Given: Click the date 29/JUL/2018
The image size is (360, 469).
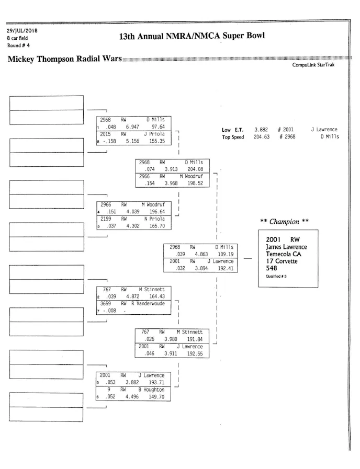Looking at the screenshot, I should pos(18,30).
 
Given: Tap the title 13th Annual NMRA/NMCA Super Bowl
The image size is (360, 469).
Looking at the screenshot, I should pos(192,36).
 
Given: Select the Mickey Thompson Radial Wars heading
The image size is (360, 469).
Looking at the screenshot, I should pos(64,59).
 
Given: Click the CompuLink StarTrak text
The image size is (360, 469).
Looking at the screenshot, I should pos(313,65).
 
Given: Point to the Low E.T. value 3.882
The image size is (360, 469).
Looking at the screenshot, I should pos(261,130).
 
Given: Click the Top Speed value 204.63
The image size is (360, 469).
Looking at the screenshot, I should pos(261,137).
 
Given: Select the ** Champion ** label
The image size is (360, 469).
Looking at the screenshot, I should pos(284,222).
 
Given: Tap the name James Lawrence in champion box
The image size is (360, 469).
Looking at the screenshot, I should pos(286,247).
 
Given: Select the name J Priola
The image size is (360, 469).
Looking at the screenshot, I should pos(154,134).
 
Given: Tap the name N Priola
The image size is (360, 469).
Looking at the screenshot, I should pos(154,219).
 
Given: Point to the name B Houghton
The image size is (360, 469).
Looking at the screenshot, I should pos(151,390).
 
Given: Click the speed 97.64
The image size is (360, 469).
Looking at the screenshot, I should pos(158,127).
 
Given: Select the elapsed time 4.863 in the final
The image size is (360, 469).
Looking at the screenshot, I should pos(201,254).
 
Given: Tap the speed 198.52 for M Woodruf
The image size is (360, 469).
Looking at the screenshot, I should pos(197,184).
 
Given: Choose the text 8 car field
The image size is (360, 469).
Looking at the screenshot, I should pos(17,38).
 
